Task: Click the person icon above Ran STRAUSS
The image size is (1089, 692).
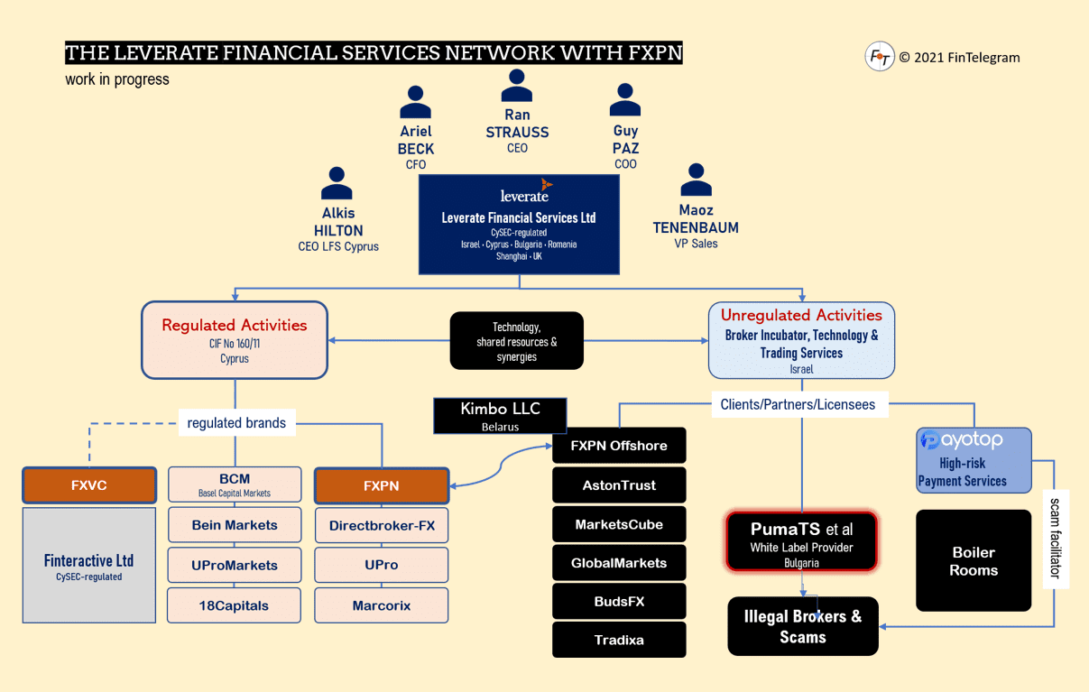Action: click(517, 87)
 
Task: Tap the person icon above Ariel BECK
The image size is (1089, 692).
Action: click(415, 103)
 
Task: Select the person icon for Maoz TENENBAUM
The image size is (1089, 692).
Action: click(696, 180)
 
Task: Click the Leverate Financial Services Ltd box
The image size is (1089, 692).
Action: click(519, 225)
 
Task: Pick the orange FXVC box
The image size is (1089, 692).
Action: click(89, 485)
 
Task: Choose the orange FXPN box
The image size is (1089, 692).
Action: click(382, 485)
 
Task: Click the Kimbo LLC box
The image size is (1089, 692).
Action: click(500, 415)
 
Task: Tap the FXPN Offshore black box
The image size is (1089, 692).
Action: click(619, 446)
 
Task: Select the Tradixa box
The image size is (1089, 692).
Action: click(619, 640)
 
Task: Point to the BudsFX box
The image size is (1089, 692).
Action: click(619, 601)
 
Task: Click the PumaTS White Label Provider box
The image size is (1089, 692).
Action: click(801, 541)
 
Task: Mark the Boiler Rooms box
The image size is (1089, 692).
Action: click(974, 560)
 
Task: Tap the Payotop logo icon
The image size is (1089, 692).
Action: click(929, 440)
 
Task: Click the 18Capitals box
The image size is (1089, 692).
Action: click(235, 605)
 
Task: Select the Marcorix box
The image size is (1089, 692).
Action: click(382, 605)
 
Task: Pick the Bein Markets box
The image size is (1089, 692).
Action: click(235, 525)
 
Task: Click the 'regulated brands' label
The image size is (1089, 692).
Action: click(236, 422)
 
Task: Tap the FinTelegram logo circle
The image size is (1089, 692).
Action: click(879, 57)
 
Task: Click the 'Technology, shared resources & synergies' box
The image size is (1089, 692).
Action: click(517, 341)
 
